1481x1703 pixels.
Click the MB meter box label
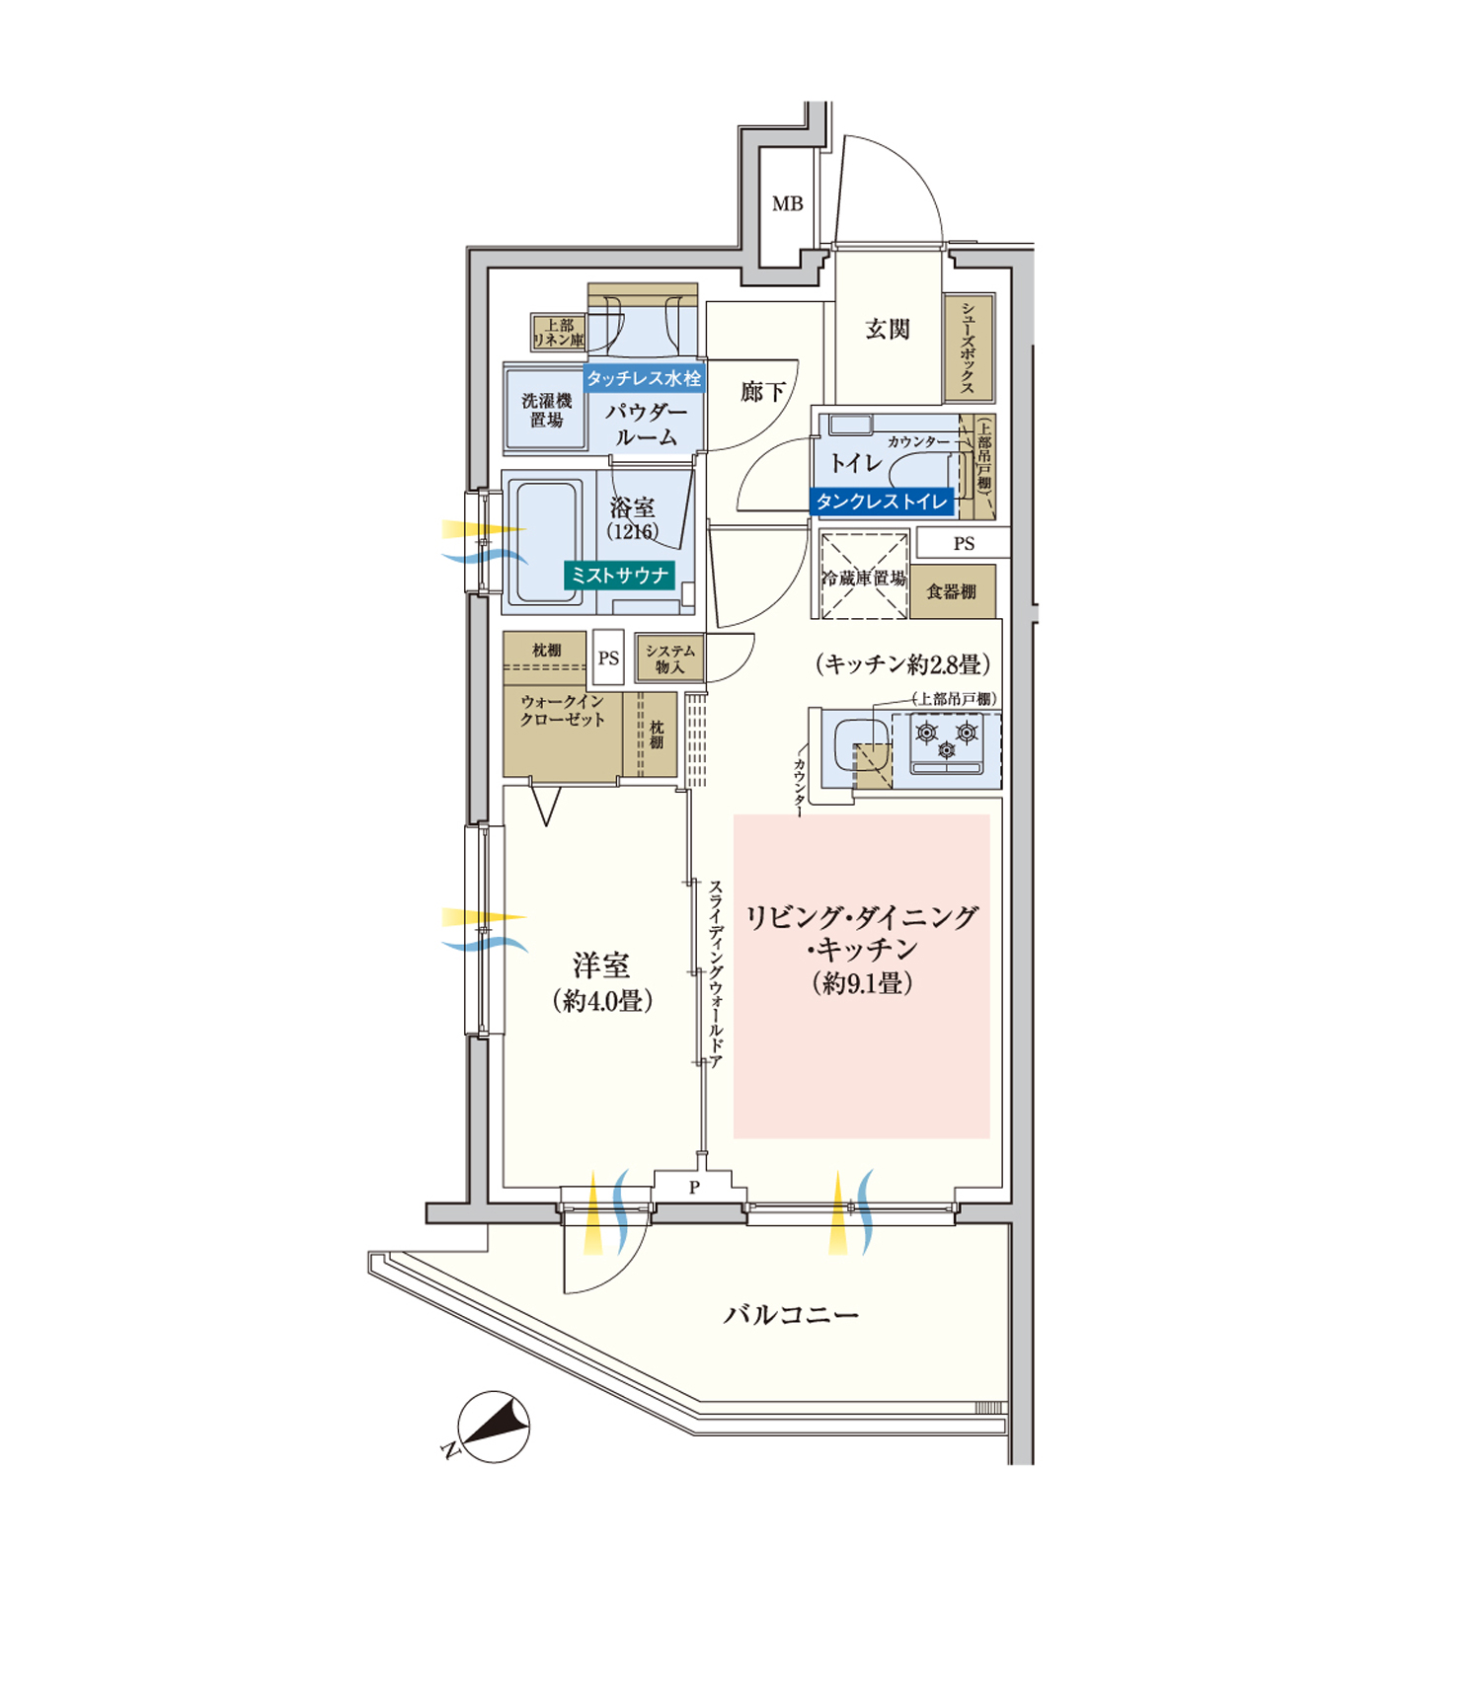(787, 204)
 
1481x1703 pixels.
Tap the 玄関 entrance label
(887, 330)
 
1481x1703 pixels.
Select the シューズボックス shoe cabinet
(968, 348)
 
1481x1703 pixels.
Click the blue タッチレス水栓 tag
(644, 378)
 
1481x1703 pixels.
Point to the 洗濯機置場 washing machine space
(546, 410)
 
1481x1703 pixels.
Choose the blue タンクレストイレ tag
(882, 502)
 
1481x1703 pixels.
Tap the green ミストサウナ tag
(619, 576)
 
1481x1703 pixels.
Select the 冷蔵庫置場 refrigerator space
(864, 577)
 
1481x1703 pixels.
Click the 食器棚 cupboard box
(952, 591)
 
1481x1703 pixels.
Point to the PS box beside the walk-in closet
(608, 658)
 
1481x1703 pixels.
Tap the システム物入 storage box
(669, 658)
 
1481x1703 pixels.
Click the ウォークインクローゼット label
(563, 710)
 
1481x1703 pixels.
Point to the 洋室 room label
(601, 966)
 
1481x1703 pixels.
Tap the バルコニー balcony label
(791, 1315)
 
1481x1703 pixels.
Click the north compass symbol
(494, 1428)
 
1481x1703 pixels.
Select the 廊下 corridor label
(762, 393)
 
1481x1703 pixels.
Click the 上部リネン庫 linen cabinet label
(559, 332)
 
